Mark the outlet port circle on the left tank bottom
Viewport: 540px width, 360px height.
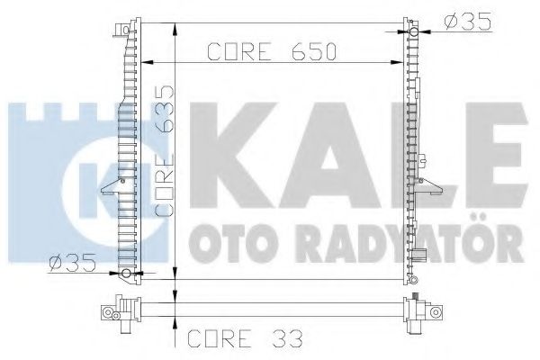click(x=125, y=274)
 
